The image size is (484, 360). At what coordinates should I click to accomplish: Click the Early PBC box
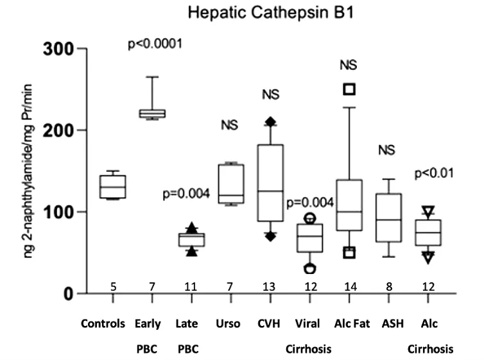coord(153,114)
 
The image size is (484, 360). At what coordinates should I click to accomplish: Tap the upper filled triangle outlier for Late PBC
coord(191,227)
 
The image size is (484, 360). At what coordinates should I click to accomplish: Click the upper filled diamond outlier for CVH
coord(270,121)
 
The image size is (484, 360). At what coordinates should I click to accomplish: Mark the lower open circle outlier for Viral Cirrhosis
coord(309,268)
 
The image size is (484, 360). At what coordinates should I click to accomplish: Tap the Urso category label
coord(229,323)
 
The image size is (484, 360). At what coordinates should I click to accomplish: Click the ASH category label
coord(387,323)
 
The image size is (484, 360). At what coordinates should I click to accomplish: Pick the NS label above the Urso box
coord(229,125)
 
